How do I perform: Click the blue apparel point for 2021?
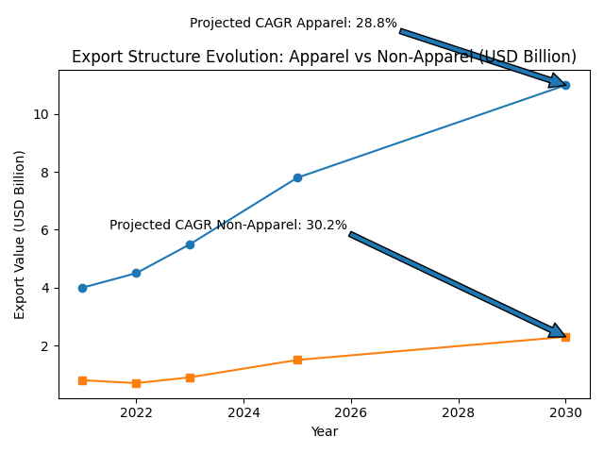(x=82, y=288)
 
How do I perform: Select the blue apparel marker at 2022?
(x=136, y=274)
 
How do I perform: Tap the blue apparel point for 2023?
(x=190, y=244)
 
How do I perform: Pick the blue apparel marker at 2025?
(x=297, y=177)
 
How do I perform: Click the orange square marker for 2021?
(x=82, y=380)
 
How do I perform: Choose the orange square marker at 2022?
(x=136, y=383)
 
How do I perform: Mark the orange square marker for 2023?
(x=190, y=377)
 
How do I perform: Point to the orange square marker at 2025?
(x=297, y=360)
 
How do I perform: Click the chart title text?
(x=324, y=58)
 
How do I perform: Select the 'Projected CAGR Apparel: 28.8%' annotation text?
(x=294, y=24)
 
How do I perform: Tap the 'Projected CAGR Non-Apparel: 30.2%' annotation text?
(x=228, y=226)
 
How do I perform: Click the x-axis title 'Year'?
(x=324, y=431)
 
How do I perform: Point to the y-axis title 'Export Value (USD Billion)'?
(x=20, y=234)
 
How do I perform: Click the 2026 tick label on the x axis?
(x=351, y=412)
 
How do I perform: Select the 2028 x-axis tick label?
(x=459, y=412)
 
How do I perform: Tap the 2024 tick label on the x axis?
(x=243, y=412)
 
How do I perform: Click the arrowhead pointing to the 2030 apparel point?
(x=558, y=82)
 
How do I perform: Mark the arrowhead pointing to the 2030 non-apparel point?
(x=557, y=331)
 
